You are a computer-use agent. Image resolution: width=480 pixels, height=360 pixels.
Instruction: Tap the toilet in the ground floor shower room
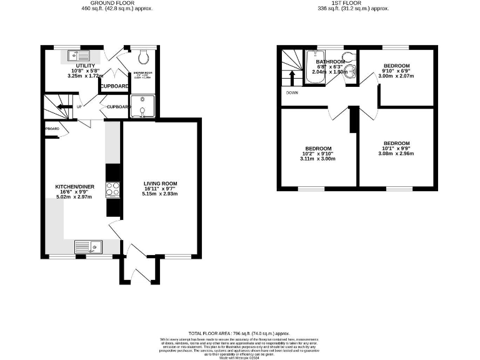(143, 57)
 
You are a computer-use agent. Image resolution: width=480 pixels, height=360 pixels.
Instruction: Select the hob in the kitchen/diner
(113, 189)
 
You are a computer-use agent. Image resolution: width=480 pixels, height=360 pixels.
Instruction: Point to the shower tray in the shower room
(143, 106)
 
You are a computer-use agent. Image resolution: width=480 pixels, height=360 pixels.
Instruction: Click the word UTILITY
(86, 66)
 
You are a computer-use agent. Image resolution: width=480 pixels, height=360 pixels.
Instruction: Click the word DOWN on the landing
(292, 93)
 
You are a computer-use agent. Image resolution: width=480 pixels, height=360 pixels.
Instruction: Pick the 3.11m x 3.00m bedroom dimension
(317, 159)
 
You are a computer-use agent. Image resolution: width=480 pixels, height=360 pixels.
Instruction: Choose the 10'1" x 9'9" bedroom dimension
(396, 148)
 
